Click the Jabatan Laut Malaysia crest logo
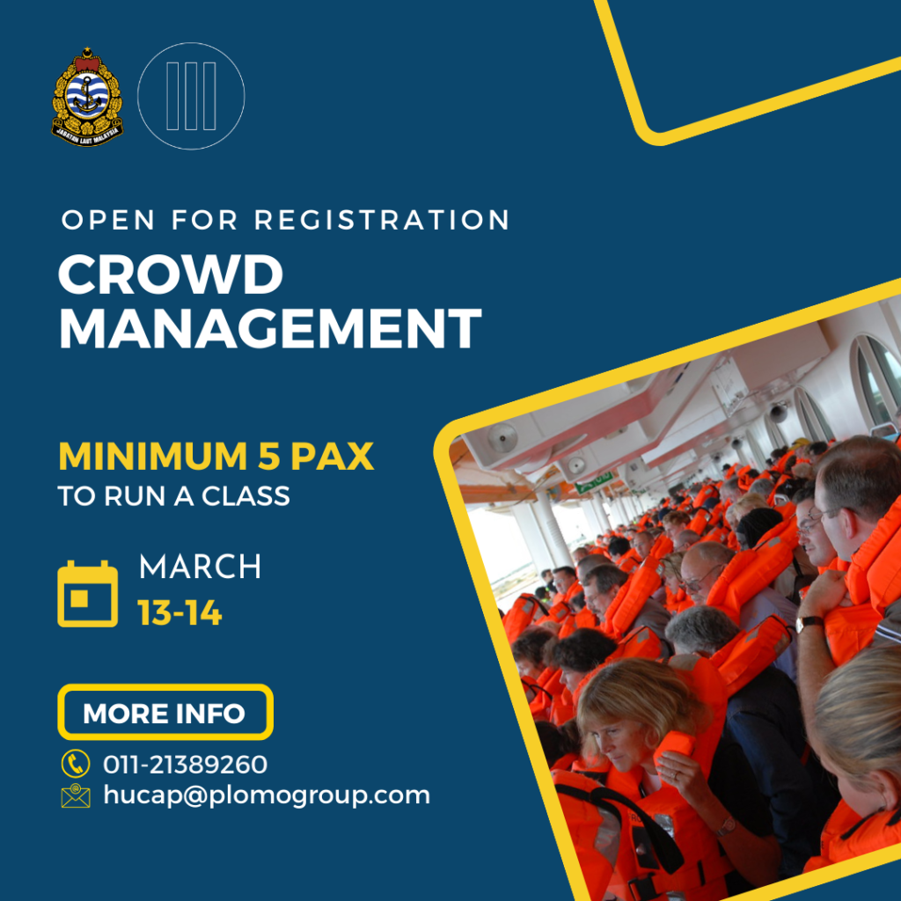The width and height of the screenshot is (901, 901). [87, 97]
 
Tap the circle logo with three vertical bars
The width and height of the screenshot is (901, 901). [191, 96]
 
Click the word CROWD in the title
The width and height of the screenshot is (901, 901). [171, 275]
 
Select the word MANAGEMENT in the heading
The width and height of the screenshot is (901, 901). [270, 328]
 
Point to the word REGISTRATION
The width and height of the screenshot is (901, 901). [382, 220]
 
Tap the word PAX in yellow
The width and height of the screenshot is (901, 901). [332, 457]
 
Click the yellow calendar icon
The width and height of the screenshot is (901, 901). [87, 594]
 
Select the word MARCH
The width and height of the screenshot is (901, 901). [200, 567]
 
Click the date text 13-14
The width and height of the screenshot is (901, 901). [179, 613]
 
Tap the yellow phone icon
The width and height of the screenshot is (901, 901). [76, 764]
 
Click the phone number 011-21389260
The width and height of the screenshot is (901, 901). [185, 765]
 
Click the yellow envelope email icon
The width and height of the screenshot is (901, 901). [76, 795]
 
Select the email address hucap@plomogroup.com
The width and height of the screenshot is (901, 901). [267, 795]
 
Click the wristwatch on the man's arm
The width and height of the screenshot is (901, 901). [809, 622]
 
